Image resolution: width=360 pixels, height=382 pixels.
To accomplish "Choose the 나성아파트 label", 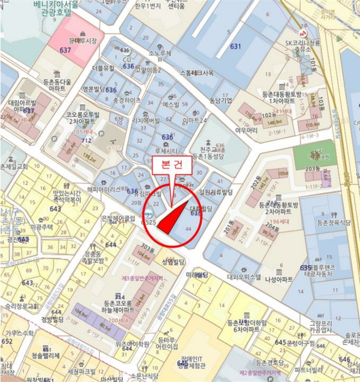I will click(x=279, y=279).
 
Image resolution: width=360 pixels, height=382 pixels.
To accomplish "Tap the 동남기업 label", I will click(x=220, y=100).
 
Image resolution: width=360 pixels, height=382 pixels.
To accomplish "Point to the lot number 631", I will click(x=235, y=47).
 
